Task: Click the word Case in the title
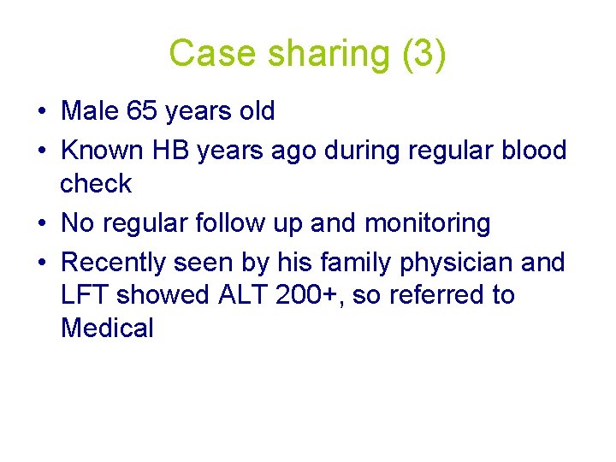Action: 214,53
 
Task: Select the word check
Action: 96,183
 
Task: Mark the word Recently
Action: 115,263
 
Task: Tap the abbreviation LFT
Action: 85,295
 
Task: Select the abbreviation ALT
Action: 247,295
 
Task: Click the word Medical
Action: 107,328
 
